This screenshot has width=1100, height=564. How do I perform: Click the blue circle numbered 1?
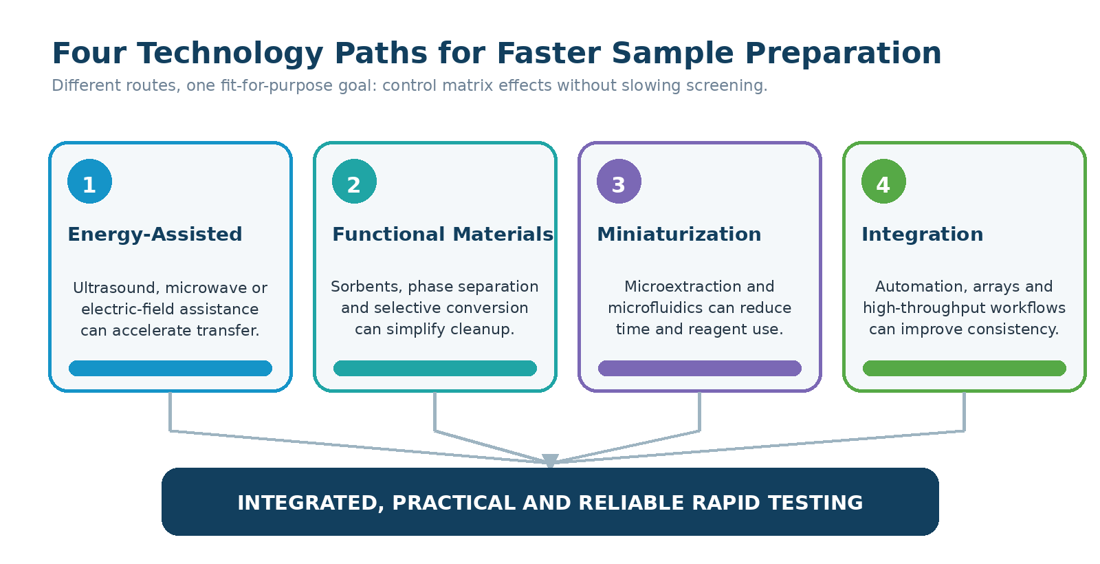coord(89,182)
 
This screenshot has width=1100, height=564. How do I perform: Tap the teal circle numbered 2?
coord(354,182)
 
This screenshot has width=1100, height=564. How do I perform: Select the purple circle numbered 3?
coord(619,182)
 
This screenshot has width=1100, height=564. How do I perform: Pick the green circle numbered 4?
coord(883,182)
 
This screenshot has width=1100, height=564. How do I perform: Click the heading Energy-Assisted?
coord(155,235)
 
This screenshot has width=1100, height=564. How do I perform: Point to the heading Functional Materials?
coord(443,235)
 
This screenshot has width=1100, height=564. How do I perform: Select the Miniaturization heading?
coord(679,235)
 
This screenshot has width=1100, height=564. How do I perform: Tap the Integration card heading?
coord(922,235)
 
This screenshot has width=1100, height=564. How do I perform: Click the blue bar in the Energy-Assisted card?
coord(170,369)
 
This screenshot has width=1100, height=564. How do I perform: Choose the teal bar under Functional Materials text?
coord(435,369)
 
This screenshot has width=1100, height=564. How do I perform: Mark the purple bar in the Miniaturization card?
coord(700,369)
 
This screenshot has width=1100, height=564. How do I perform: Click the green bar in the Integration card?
coord(965,369)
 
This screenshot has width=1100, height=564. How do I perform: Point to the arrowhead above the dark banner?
coord(550,460)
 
